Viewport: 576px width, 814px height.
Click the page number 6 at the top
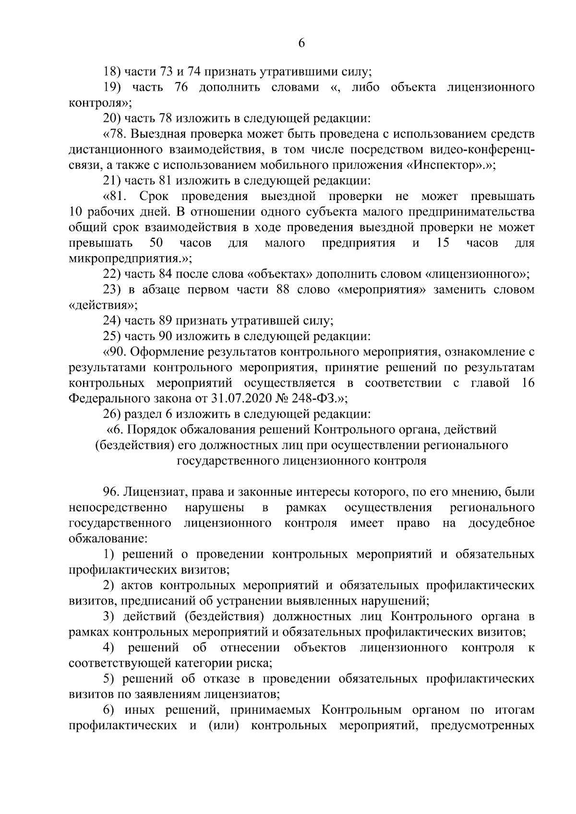pyautogui.click(x=301, y=44)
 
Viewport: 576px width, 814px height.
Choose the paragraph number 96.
pyautogui.click(x=111, y=492)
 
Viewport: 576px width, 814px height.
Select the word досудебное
pyautogui.click(x=501, y=523)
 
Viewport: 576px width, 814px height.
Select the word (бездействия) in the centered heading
pyautogui.click(x=133, y=445)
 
